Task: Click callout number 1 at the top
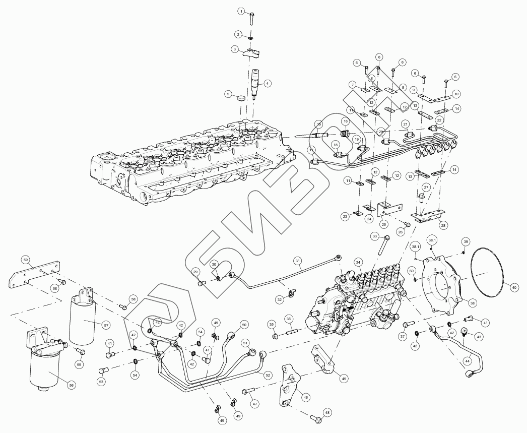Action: point(241,11)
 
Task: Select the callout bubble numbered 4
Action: point(268,83)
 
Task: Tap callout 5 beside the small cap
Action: point(228,94)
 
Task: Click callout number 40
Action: point(514,287)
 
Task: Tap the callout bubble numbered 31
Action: point(298,261)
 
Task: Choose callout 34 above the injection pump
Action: point(358,262)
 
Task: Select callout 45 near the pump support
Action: point(344,378)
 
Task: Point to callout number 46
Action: point(305,397)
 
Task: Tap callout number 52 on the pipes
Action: point(268,375)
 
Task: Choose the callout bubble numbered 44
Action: point(468,361)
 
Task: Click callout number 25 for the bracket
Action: point(384,224)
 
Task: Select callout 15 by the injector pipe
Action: point(318,124)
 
